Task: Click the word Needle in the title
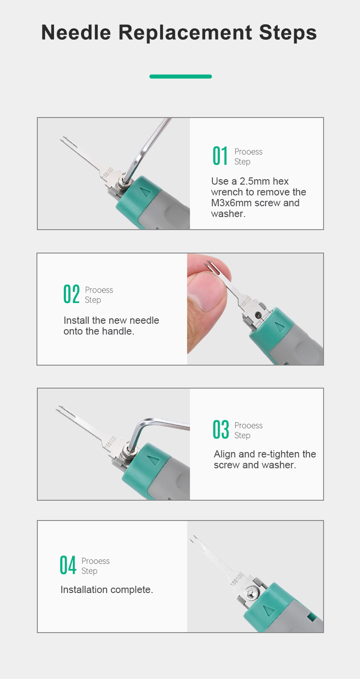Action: click(76, 32)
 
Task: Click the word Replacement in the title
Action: click(185, 32)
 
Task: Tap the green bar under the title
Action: click(180, 77)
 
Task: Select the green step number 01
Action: click(220, 156)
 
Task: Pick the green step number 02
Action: click(72, 294)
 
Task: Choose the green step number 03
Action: click(221, 430)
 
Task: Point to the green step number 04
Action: click(68, 565)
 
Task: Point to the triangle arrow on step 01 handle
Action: click(146, 192)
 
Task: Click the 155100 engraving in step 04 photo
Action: click(237, 579)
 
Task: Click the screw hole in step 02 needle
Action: click(258, 315)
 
